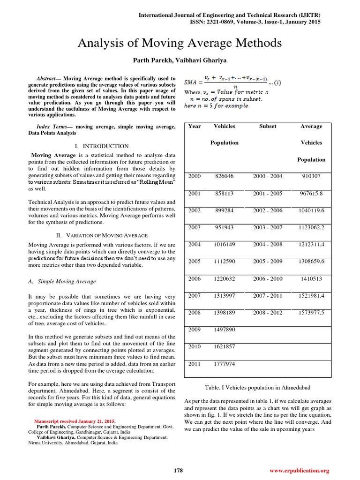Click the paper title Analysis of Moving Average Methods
coord(180,44)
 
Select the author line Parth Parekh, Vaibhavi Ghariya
coord(180,60)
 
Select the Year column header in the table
coord(195,126)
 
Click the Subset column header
coord(268,126)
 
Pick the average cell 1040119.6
coord(311,210)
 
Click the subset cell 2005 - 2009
coord(268,261)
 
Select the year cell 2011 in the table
coord(195,363)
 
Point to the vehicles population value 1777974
coord(225,363)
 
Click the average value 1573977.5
coord(311,312)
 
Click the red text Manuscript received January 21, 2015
coord(75,421)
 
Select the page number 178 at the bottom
coord(178,470)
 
